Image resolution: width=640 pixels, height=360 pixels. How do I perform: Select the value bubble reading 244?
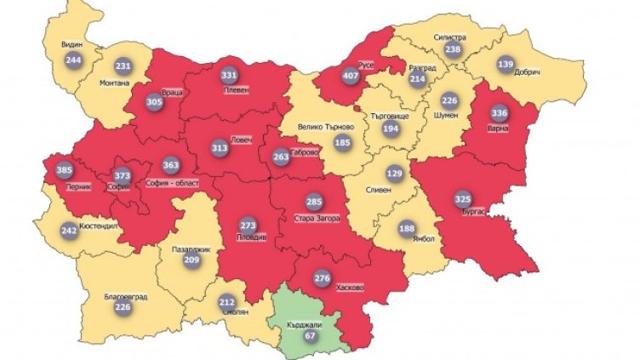click(x=73, y=60)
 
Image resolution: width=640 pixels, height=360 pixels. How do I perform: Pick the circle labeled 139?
click(x=506, y=66)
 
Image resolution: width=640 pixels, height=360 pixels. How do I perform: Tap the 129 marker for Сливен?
click(x=394, y=174)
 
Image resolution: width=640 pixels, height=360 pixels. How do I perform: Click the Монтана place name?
click(x=117, y=83)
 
